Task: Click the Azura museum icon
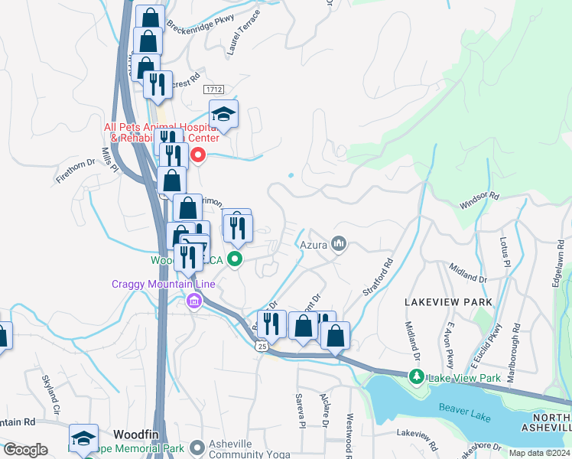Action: (340, 245)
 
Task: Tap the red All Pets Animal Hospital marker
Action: (198, 155)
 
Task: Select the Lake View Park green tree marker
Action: (416, 376)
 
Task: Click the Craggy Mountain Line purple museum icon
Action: (192, 302)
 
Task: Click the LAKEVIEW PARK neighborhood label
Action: (448, 302)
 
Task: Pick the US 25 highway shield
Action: (262, 347)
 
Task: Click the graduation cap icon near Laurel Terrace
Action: (223, 115)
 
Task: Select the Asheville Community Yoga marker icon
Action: (197, 447)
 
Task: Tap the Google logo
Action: (25, 450)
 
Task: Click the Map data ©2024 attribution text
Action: (541, 454)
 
